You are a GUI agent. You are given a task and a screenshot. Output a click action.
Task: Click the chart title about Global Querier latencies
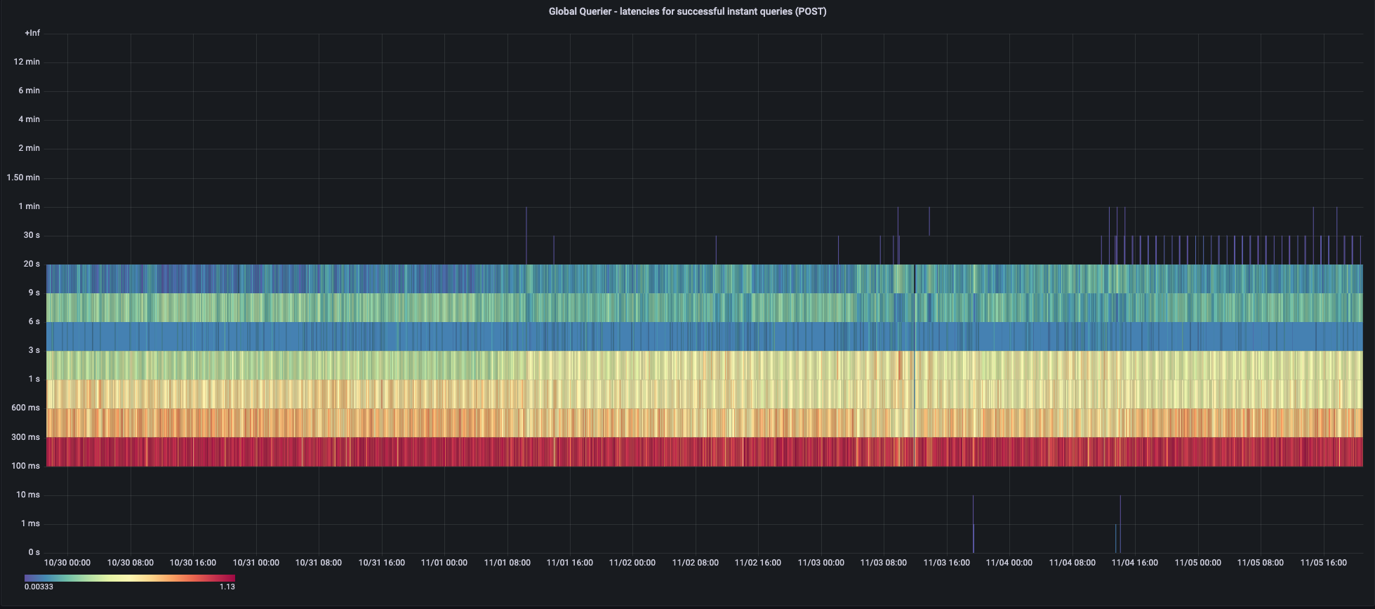click(x=687, y=11)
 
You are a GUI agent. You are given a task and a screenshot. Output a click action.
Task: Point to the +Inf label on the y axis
click(x=32, y=33)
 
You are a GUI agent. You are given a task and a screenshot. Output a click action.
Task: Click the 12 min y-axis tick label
click(x=27, y=62)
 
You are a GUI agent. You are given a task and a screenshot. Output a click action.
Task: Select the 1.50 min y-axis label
click(x=23, y=178)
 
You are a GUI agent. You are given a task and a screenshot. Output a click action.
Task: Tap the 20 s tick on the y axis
click(x=32, y=264)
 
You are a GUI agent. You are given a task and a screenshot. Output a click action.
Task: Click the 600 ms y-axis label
click(x=26, y=408)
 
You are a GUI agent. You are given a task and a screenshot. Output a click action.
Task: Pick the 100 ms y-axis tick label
click(x=26, y=466)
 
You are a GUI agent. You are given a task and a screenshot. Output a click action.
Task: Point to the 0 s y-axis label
click(x=34, y=552)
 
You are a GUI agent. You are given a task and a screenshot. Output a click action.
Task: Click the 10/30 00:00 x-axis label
click(x=67, y=563)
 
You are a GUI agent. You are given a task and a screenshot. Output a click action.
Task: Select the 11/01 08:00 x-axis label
click(x=507, y=563)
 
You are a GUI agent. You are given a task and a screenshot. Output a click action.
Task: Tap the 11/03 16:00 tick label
click(x=946, y=563)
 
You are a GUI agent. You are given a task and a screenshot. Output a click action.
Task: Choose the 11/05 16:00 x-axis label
click(x=1323, y=563)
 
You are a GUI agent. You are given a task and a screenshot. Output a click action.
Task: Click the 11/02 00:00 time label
click(x=632, y=563)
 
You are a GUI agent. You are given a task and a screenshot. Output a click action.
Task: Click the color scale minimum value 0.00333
click(x=39, y=587)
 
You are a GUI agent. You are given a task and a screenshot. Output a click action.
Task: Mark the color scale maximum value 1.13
click(x=227, y=587)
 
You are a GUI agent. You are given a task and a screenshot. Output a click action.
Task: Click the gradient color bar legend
click(x=130, y=578)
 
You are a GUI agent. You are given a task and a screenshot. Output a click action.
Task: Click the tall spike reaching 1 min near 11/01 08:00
click(x=526, y=232)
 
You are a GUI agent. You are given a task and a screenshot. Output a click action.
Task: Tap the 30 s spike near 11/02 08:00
click(x=716, y=250)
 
